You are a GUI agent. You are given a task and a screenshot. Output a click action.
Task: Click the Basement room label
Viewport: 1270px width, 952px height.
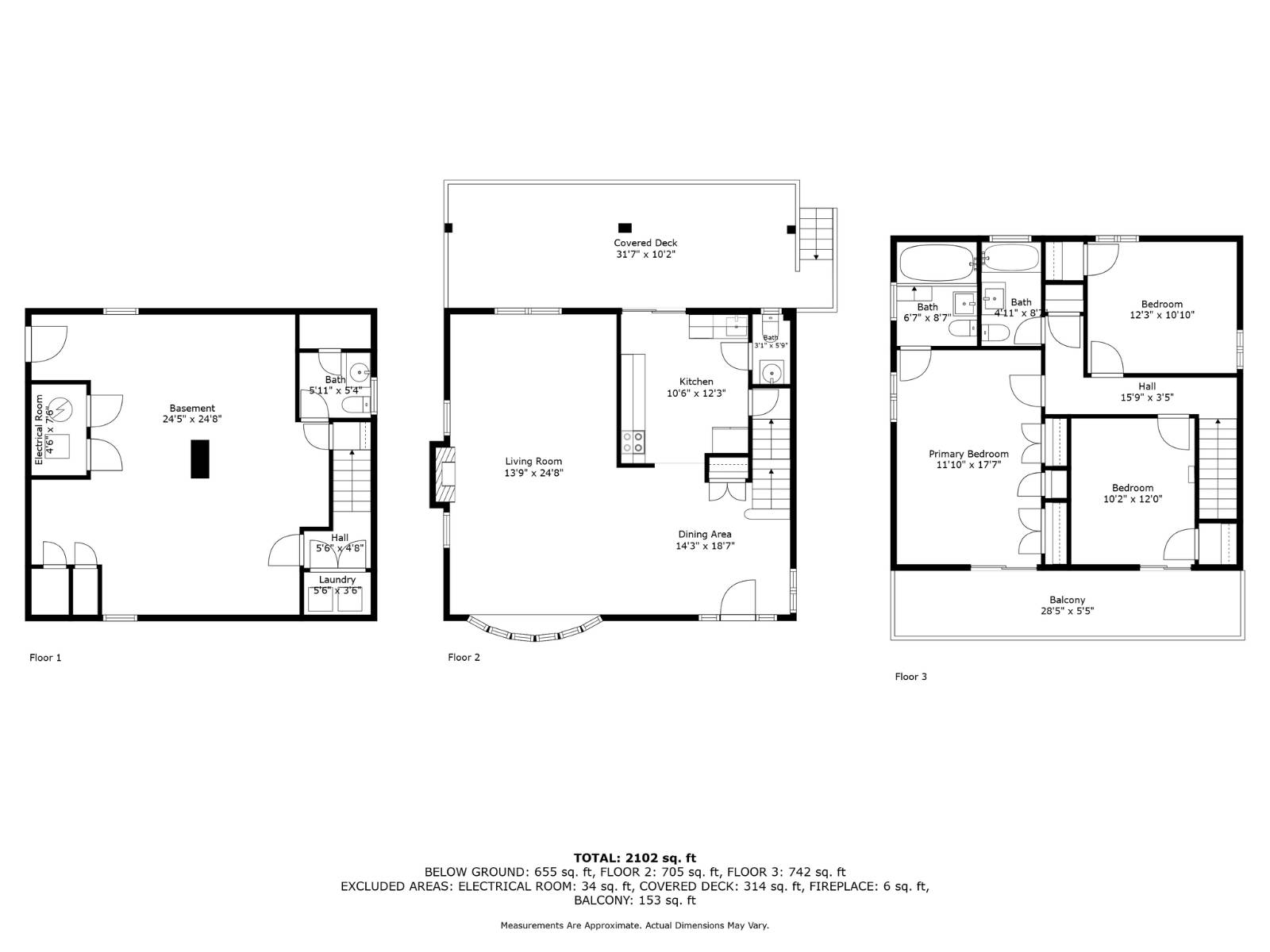pyautogui.click(x=192, y=409)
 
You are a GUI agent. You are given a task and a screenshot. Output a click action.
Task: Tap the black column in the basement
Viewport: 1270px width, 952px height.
pyautogui.click(x=200, y=459)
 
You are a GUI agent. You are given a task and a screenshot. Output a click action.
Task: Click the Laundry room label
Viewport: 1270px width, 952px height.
pyautogui.click(x=337, y=580)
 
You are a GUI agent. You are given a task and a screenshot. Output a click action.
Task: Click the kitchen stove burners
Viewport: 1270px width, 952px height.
pyautogui.click(x=633, y=442)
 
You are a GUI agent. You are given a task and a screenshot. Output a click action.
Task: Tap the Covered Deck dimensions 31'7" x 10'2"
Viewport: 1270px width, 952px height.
pyautogui.click(x=645, y=255)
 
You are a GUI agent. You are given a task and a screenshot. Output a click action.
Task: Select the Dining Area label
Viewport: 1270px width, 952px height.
pyautogui.click(x=704, y=535)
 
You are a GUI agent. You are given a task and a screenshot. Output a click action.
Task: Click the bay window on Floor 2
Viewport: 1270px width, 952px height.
pyautogui.click(x=534, y=631)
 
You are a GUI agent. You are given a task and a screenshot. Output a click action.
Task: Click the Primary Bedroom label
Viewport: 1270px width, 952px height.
pyautogui.click(x=968, y=455)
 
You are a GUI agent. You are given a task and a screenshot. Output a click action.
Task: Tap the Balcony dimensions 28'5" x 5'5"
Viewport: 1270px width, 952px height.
pyautogui.click(x=1067, y=611)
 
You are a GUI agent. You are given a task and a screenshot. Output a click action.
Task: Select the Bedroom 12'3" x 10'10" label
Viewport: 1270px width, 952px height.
pyautogui.click(x=1161, y=304)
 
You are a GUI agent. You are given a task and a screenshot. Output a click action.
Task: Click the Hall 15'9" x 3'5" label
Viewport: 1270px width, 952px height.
pyautogui.click(x=1146, y=386)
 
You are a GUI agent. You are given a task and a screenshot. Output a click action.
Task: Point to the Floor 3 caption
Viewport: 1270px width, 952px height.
pyautogui.click(x=910, y=677)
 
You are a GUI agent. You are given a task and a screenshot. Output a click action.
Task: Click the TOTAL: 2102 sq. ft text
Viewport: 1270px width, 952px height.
pyautogui.click(x=634, y=858)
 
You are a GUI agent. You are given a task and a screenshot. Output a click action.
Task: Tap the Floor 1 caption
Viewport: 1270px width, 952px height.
pyautogui.click(x=45, y=657)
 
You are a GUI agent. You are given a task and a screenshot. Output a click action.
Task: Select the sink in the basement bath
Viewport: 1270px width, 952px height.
pyautogui.click(x=361, y=370)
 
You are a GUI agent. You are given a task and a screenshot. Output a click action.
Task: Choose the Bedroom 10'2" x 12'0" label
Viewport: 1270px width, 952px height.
pyautogui.click(x=1132, y=488)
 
